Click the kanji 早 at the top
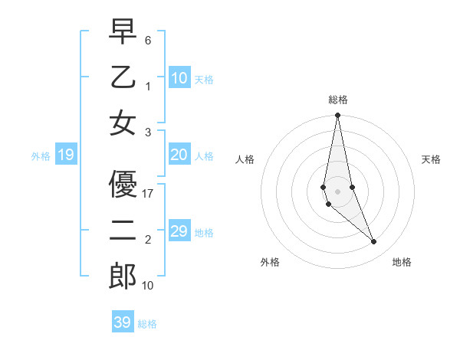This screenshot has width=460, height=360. pyautogui.click(x=123, y=33)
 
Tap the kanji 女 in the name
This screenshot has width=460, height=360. pyautogui.click(x=123, y=123)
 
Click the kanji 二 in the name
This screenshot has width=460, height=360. pyautogui.click(x=123, y=231)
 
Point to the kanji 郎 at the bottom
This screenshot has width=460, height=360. pyautogui.click(x=123, y=277)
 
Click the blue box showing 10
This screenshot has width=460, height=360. pyautogui.click(x=179, y=77)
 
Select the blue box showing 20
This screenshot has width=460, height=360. pyautogui.click(x=179, y=155)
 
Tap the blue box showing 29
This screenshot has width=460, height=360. pyautogui.click(x=179, y=231)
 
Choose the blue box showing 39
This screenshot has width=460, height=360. pyautogui.click(x=123, y=322)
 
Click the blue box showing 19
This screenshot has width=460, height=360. pyautogui.click(x=66, y=155)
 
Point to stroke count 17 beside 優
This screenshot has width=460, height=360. pyautogui.click(x=149, y=194)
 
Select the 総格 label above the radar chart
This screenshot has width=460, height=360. pyautogui.click(x=338, y=100)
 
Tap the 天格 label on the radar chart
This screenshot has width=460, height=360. pyautogui.click(x=432, y=159)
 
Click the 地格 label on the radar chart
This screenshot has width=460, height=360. pyautogui.click(x=402, y=262)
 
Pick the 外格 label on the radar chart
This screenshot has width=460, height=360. pyautogui.click(x=270, y=262)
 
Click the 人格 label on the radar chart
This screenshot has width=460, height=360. pyautogui.click(x=245, y=159)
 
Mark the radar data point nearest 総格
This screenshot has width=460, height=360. pyautogui.click(x=337, y=116)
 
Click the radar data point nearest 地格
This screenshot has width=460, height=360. pyautogui.click(x=374, y=242)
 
